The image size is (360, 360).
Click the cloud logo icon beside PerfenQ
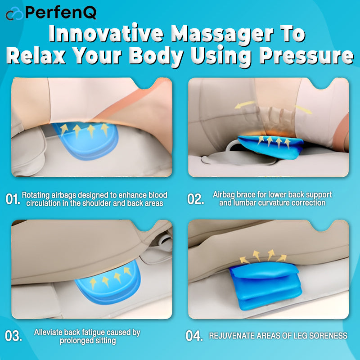click(14, 13)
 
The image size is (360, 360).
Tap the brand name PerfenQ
click(61, 13)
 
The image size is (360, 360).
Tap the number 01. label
click(13, 199)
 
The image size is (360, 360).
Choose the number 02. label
click(196, 199)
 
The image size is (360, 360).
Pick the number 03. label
click(13, 336)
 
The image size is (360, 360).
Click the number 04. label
click(195, 336)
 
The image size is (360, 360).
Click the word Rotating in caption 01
click(36, 195)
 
